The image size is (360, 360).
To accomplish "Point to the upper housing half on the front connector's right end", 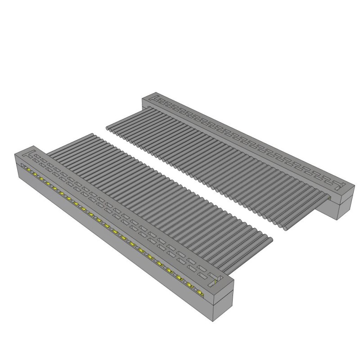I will pyautogui.click(x=223, y=290).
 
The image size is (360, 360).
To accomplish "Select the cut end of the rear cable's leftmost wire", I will pyautogui.click(x=108, y=128).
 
